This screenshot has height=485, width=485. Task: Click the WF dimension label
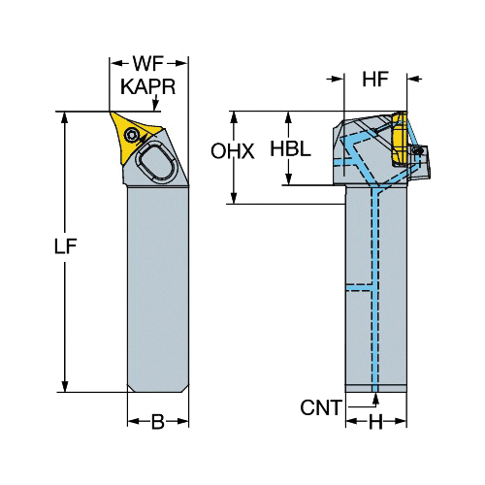(148, 64)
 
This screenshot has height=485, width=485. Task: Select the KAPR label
(148, 86)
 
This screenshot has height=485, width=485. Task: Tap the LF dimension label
(65, 246)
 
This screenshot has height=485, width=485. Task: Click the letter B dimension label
(158, 422)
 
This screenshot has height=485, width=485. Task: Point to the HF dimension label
(375, 80)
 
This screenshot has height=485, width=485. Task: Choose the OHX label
(233, 151)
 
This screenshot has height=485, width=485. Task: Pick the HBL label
(290, 148)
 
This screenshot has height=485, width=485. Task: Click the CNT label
(321, 407)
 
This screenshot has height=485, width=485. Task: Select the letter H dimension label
(375, 422)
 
